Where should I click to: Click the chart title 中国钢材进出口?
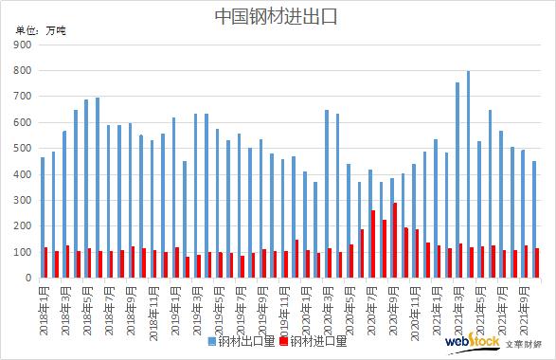[x=278, y=16]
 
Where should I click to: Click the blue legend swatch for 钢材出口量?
[x=212, y=341]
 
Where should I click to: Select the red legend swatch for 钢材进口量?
[x=284, y=341]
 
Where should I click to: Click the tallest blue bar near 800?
[x=467, y=175]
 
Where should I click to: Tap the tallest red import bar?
[x=394, y=241]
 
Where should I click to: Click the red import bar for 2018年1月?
[x=46, y=263]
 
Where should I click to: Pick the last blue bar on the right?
[x=533, y=220]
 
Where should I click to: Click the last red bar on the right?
[x=537, y=263]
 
